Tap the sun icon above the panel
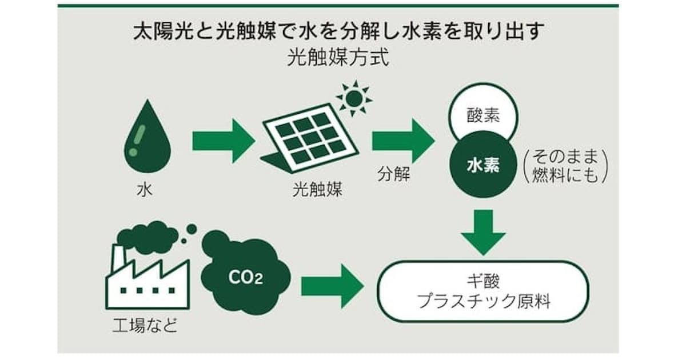click(354, 98)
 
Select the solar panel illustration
click(310, 138)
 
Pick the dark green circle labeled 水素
click(483, 165)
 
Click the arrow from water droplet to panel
click(224, 141)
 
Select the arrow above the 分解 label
click(404, 141)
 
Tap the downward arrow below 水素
click(483, 233)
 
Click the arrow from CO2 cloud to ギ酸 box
click(333, 286)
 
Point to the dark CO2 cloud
click(245, 273)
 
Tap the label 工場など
click(145, 325)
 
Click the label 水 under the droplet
click(145, 190)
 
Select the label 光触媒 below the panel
click(317, 190)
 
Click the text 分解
click(393, 174)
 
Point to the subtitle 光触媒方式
click(338, 57)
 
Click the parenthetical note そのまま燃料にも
click(565, 166)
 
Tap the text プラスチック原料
click(484, 301)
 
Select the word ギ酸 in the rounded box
click(484, 281)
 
